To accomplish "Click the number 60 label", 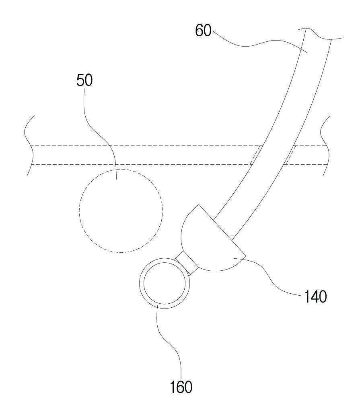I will click(203, 31).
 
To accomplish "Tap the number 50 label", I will click(84, 80).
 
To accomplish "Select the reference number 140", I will click(315, 297).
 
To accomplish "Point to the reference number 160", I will click(181, 387).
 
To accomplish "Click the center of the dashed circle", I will click(121, 211).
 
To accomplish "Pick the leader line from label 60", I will click(257, 42).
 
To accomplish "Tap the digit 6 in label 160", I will click(181, 387).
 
